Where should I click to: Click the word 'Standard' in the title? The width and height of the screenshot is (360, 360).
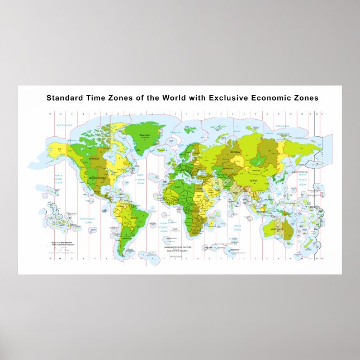[x=63, y=97]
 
